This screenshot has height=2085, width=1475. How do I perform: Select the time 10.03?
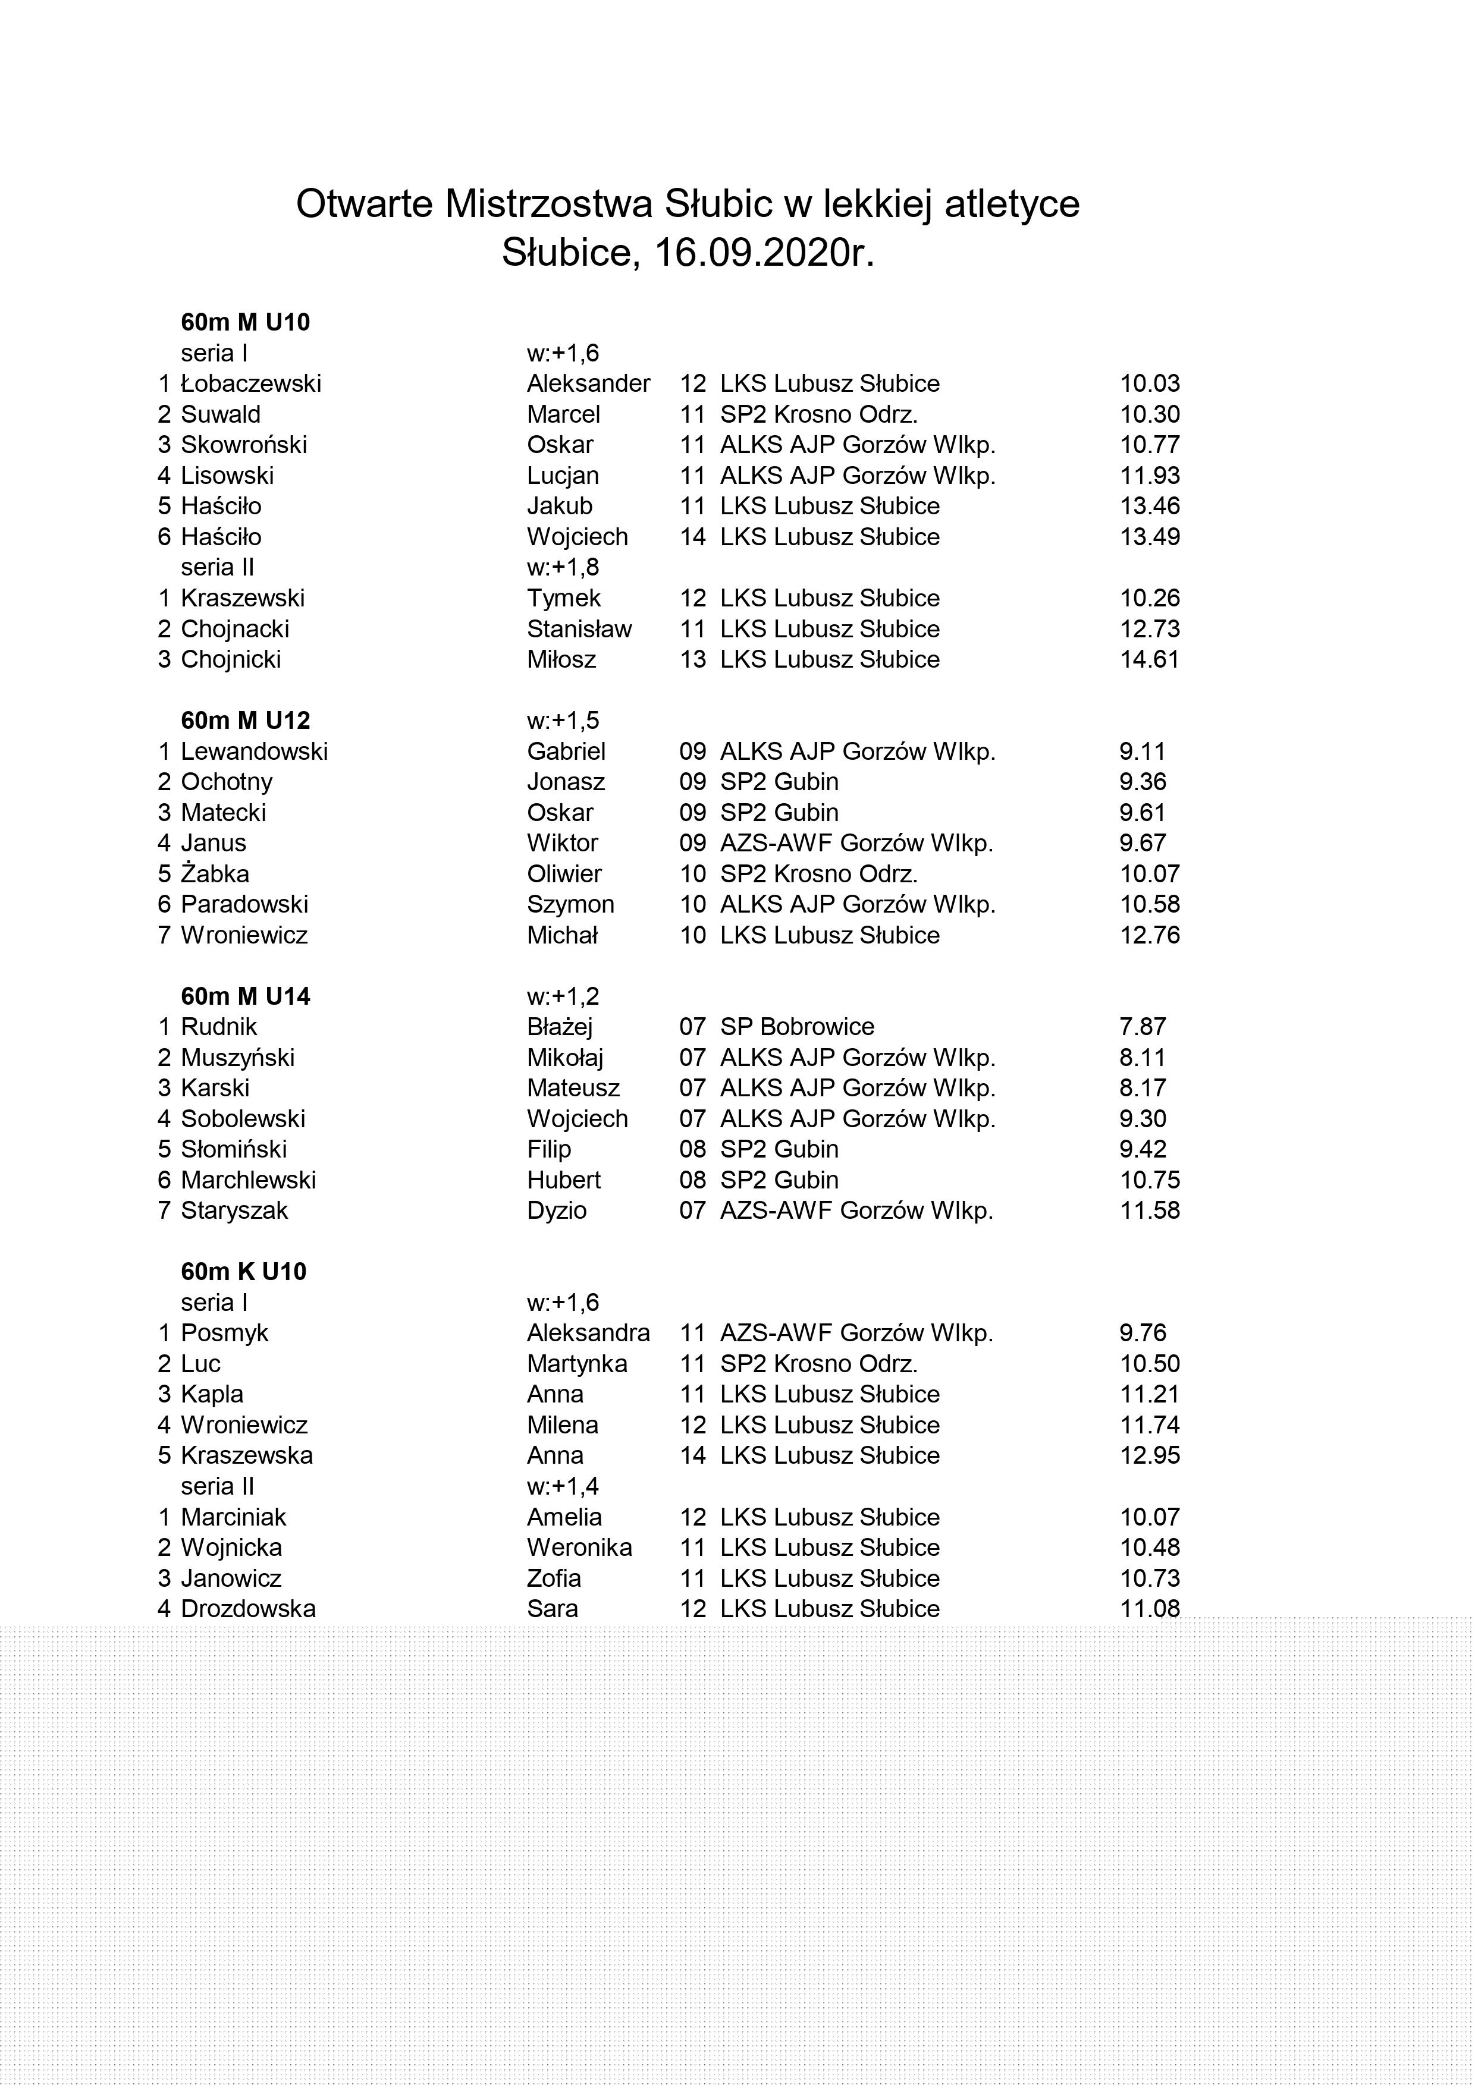(x=1149, y=384)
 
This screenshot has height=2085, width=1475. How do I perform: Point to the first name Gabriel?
(x=566, y=752)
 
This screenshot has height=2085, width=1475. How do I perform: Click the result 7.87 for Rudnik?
(x=1142, y=1027)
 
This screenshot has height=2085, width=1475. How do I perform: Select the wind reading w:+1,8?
(x=563, y=568)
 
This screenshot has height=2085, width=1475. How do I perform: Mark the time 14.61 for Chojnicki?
(x=1149, y=659)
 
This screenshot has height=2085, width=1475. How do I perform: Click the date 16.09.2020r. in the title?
(x=765, y=253)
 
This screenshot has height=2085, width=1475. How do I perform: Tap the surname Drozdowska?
(x=248, y=1609)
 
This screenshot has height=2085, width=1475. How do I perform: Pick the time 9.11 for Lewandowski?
(x=1142, y=752)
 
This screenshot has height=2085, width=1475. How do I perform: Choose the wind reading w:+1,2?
(x=563, y=997)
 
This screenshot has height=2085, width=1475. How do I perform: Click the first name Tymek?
(x=563, y=599)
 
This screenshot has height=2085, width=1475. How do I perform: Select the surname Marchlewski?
(x=248, y=1181)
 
